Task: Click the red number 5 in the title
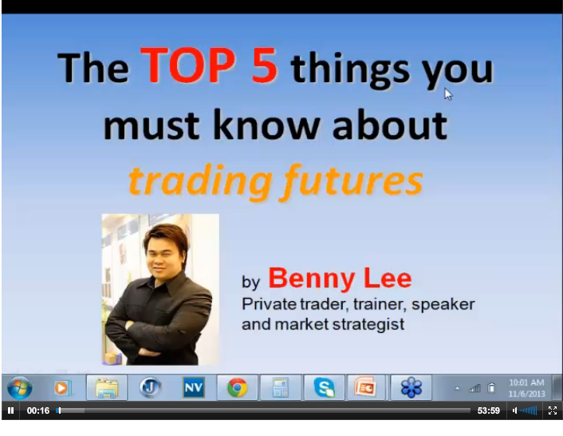coord(264,65)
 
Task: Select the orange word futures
coord(352,180)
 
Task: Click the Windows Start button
coord(20,388)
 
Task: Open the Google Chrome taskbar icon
coord(237,387)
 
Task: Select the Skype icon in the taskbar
coord(325,387)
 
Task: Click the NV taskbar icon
coord(194,387)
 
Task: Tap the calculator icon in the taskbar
coord(281,387)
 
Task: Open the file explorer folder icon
coord(107,388)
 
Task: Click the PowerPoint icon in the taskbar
coord(365,387)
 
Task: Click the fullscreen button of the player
coord(553,410)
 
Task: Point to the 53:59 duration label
coord(488,410)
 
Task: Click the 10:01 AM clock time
coord(526,382)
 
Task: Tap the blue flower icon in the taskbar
coord(411,387)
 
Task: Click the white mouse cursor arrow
coord(447,93)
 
